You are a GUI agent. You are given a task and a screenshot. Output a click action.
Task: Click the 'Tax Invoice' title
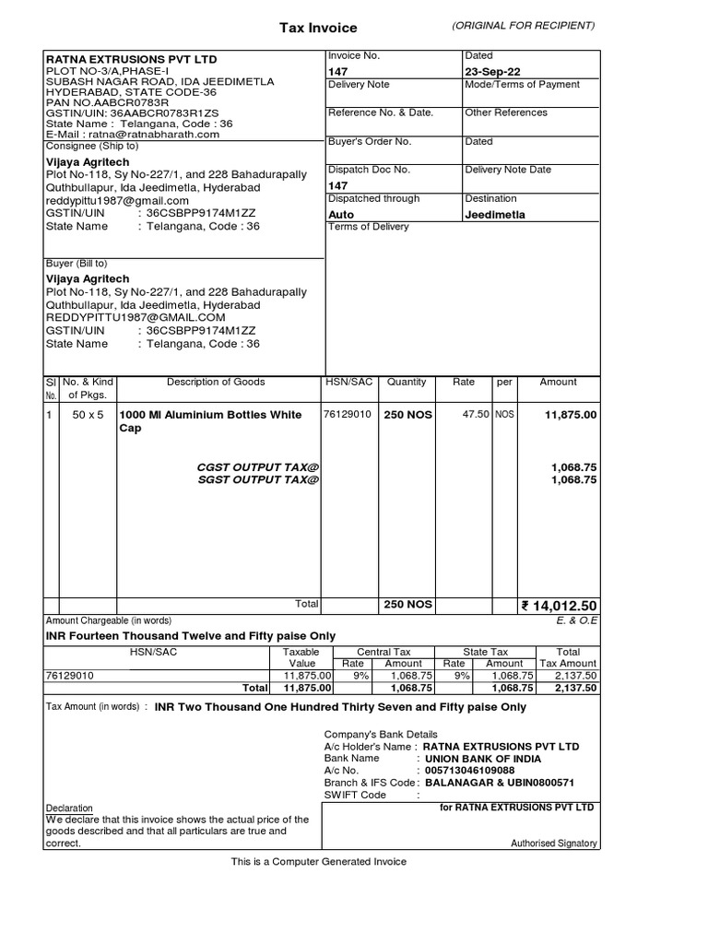(318, 29)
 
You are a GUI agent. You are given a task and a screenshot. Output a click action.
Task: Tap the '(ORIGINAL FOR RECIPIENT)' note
(523, 25)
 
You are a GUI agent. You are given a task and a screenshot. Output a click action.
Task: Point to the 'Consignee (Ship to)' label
(92, 146)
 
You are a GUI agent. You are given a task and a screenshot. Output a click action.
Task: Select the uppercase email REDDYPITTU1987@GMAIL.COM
(136, 317)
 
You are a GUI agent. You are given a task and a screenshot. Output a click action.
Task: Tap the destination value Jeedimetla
(495, 214)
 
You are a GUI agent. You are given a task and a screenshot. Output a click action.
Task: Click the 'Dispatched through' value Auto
(341, 214)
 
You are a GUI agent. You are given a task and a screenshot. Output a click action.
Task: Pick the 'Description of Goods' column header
(216, 382)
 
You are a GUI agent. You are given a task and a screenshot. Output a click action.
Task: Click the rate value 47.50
(475, 415)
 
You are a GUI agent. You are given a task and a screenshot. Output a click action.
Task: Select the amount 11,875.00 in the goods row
(571, 415)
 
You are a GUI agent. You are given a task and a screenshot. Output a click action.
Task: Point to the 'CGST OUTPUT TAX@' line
(258, 467)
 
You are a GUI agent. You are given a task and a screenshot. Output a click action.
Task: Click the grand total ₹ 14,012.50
(560, 606)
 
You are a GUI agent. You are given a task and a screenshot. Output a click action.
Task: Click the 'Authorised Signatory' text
(554, 844)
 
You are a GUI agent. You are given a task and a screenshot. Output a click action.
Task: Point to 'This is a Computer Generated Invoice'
(318, 862)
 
